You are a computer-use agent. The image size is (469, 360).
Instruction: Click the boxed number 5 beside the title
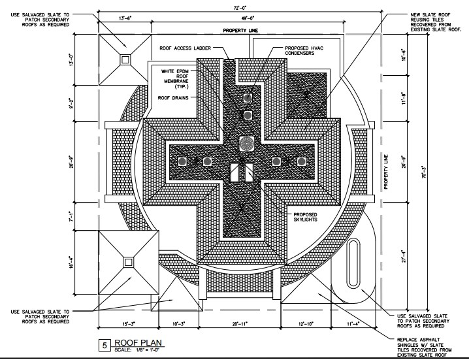pyautogui.click(x=103, y=346)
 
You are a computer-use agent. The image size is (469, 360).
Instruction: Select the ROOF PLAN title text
pyautogui.click(x=138, y=343)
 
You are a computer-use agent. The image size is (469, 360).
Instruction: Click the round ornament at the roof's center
pyautogui.click(x=247, y=143)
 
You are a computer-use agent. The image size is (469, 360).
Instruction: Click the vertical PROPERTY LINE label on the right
pyautogui.click(x=385, y=172)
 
